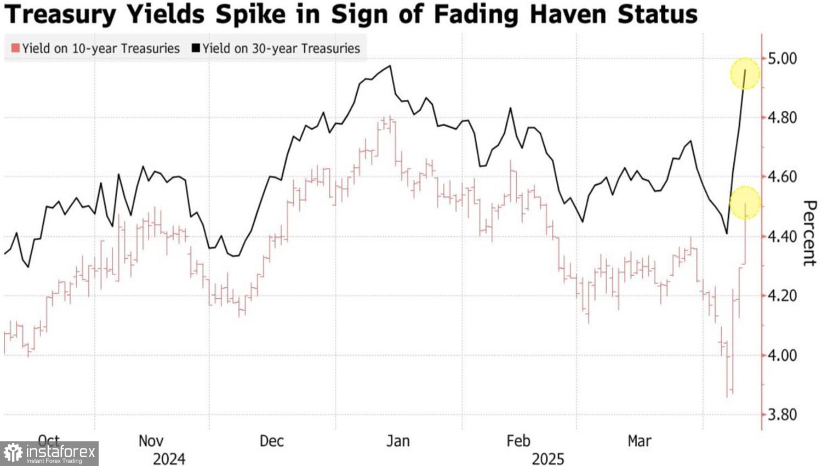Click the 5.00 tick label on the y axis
[x=782, y=58]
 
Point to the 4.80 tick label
[x=782, y=117]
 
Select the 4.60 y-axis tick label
[x=782, y=177]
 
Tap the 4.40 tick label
[x=782, y=237]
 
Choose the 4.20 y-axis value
[x=782, y=296]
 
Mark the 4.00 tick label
[x=782, y=355]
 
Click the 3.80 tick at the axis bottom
[x=782, y=414]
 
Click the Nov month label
[x=151, y=441]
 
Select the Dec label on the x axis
[x=271, y=441]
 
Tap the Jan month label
[x=398, y=441]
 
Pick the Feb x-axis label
[x=518, y=441]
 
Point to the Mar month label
[x=639, y=441]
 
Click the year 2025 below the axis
[x=548, y=458]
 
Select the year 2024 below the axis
[x=169, y=458]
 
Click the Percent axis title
[x=809, y=233]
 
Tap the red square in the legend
[x=15, y=48]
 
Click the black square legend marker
[x=196, y=48]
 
